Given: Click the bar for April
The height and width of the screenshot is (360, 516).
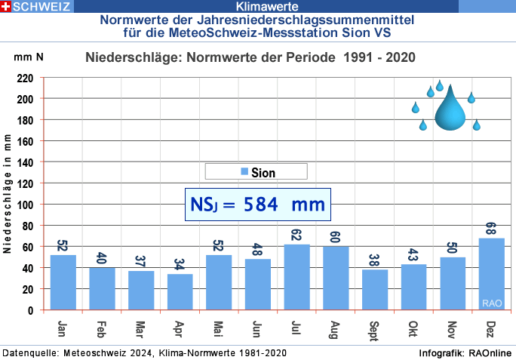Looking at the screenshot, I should point(180,291).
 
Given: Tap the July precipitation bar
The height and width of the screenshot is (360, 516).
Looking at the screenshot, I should point(296,276).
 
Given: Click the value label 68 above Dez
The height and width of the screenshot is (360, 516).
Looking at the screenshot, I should point(491,228).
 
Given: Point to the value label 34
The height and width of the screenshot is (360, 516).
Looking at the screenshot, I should point(180,264).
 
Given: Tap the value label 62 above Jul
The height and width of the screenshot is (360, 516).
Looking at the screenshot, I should point(296,235).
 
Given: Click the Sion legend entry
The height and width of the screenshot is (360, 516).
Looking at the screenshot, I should point(256,172).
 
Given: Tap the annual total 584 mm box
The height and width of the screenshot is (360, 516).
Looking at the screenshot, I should point(257,205).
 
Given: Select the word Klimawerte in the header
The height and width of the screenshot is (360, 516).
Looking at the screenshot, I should point(256,7).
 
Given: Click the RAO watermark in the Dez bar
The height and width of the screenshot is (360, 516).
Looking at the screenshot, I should point(491,303).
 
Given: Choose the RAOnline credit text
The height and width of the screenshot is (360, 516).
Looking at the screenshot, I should point(488,353).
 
